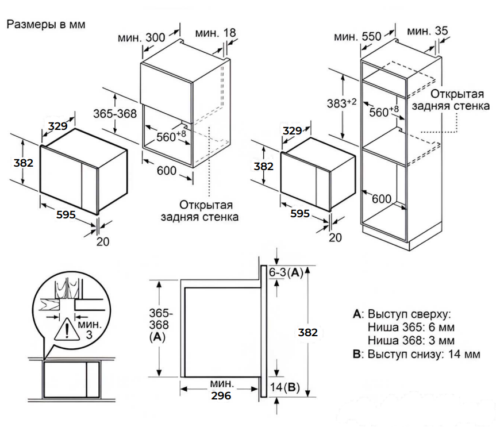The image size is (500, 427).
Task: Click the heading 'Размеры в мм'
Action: point(46,25)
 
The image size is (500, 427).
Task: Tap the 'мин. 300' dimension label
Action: point(141,37)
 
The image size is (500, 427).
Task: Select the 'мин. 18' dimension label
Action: point(216,33)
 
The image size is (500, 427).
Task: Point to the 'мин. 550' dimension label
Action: point(357,36)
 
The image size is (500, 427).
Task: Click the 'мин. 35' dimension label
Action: point(428,31)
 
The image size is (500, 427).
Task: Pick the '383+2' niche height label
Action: point(341,103)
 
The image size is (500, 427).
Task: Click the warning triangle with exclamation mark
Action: point(67,330)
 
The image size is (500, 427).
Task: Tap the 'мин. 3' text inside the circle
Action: point(89,329)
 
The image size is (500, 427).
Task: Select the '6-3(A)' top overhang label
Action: point(286,272)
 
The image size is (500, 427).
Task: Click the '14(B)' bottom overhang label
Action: point(284,387)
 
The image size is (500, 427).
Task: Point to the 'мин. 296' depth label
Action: point(221,390)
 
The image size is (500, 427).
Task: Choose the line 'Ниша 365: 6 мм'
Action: point(411,327)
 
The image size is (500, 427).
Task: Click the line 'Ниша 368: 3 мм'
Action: point(411,341)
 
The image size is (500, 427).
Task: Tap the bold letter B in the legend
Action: point(357,354)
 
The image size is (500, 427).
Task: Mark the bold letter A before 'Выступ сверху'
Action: point(357,314)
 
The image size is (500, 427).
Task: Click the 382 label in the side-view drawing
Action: point(307,333)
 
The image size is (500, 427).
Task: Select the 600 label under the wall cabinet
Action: point(167,171)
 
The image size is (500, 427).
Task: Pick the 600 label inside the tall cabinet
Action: point(382,199)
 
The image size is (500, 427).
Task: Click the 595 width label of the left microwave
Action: point(66,214)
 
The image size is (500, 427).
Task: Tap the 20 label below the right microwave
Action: point(335,237)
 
